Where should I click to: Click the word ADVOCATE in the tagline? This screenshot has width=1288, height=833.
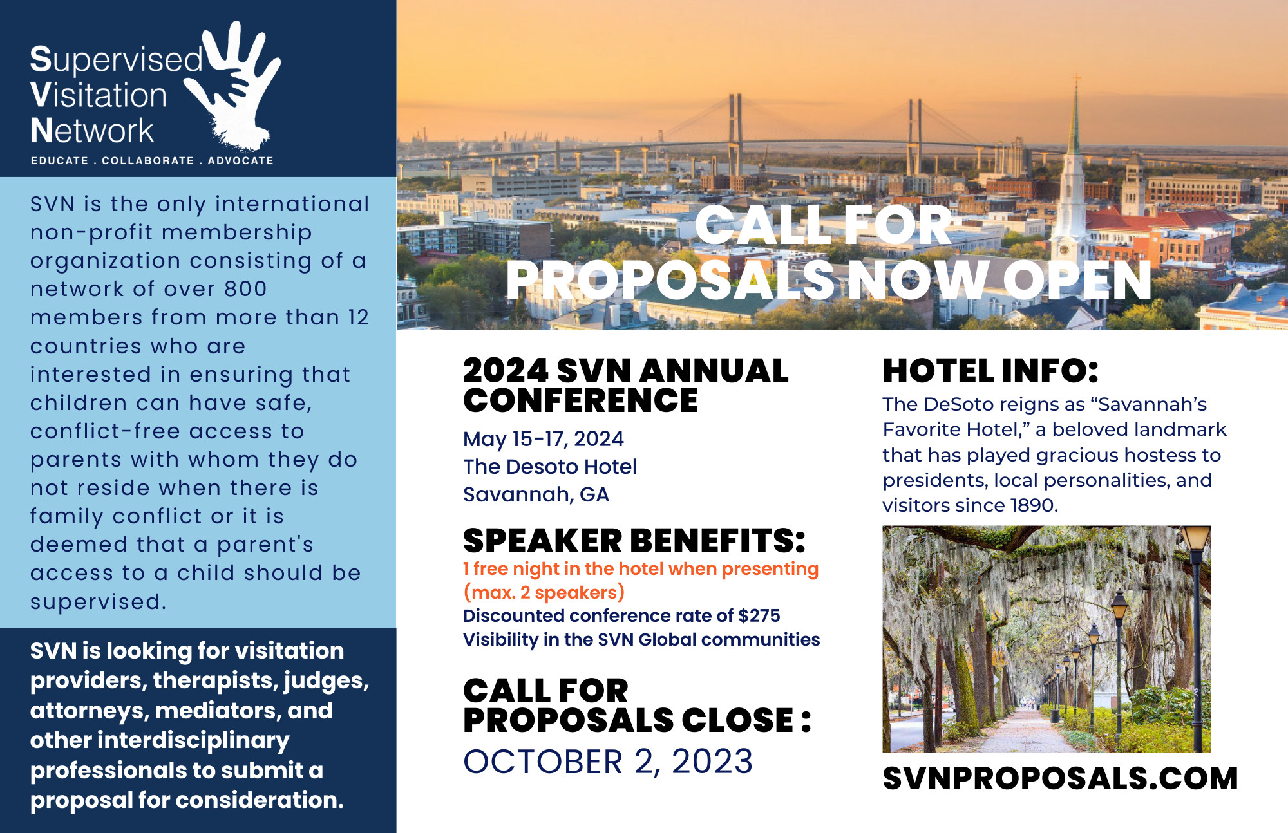[x=240, y=160]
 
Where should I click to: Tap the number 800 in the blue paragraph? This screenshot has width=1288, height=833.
[x=245, y=288]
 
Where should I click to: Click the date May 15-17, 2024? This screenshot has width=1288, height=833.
[x=544, y=439]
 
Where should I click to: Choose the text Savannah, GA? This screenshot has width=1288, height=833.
[x=536, y=494]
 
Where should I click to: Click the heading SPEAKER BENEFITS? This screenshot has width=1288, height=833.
[x=634, y=540]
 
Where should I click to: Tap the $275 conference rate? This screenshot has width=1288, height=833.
[x=759, y=615]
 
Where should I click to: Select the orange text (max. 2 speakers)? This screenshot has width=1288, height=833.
[x=544, y=592]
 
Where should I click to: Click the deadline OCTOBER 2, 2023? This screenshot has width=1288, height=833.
[x=608, y=762]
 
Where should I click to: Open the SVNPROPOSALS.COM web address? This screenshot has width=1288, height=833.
[x=1060, y=778]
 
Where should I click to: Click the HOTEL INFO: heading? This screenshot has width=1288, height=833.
[x=990, y=371]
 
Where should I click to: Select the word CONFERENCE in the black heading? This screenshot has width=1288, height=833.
[x=580, y=400]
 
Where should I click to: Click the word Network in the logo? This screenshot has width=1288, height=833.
[x=92, y=131]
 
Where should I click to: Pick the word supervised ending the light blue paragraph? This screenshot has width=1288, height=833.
[x=98, y=602]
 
